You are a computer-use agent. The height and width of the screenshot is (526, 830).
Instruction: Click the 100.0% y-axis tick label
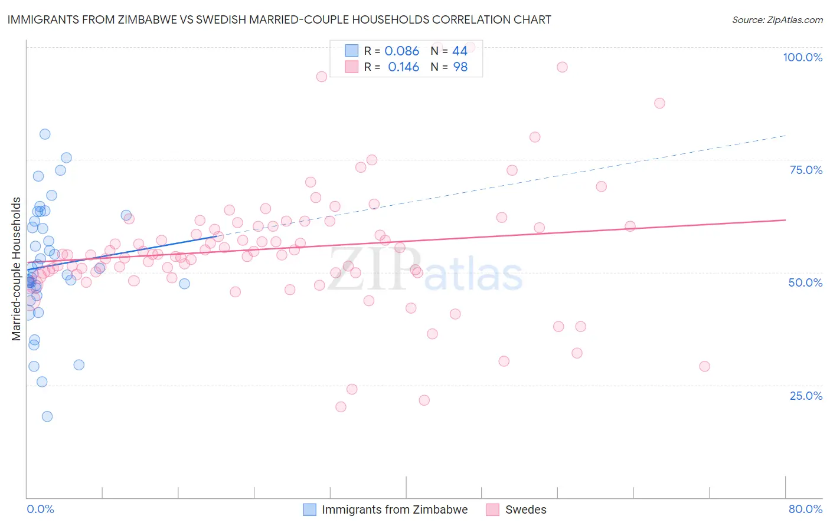(x=802, y=57)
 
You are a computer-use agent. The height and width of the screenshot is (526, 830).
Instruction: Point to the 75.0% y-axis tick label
(x=806, y=170)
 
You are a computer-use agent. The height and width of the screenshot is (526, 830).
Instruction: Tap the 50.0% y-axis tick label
(x=805, y=282)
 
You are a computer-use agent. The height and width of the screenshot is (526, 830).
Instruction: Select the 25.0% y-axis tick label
(x=806, y=395)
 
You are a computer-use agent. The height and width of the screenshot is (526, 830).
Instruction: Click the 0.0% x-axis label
(x=40, y=509)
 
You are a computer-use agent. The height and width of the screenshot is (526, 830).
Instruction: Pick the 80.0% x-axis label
(x=805, y=509)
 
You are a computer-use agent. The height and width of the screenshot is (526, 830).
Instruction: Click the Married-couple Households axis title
(x=17, y=269)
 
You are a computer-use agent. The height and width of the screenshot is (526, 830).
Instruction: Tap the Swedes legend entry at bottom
(x=525, y=509)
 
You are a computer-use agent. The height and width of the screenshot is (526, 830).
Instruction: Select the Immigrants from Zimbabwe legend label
(x=394, y=509)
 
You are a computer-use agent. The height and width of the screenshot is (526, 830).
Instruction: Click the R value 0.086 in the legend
(x=401, y=51)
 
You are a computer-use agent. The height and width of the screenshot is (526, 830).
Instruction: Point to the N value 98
(x=460, y=67)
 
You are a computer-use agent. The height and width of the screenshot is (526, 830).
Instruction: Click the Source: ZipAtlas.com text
(x=777, y=19)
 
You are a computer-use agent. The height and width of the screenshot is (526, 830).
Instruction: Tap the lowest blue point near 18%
(x=47, y=416)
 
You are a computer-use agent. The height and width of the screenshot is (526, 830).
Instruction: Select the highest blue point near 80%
(x=45, y=134)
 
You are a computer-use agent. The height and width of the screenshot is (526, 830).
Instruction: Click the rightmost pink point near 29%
(x=704, y=366)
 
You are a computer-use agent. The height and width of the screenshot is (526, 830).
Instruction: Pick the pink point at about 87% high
(x=659, y=103)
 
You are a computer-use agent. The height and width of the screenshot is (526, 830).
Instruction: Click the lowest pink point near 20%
(x=341, y=407)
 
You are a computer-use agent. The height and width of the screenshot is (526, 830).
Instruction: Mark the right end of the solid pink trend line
(x=786, y=220)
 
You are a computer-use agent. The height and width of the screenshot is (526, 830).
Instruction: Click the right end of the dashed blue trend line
(x=786, y=136)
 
